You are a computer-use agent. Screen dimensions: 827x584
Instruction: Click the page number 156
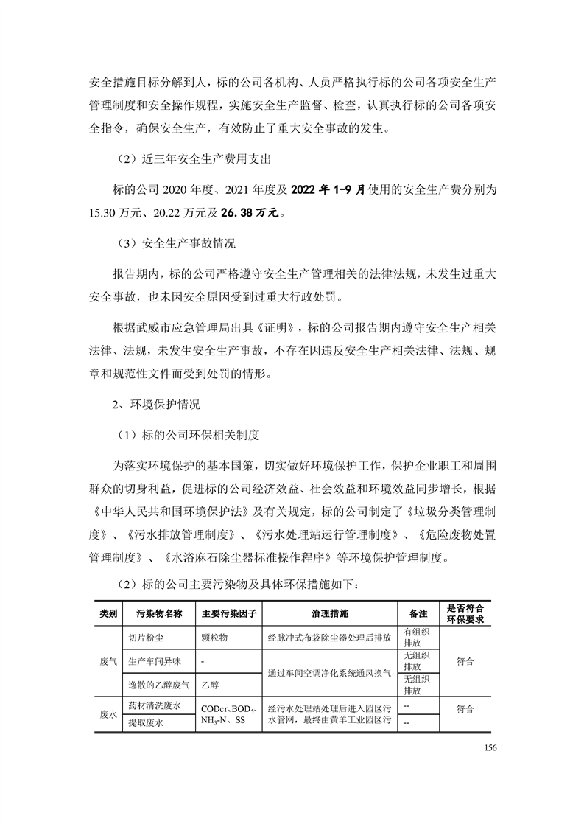click(x=492, y=749)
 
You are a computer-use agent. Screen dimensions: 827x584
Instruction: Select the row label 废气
click(x=108, y=662)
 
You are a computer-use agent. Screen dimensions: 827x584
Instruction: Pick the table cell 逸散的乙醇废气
click(x=158, y=685)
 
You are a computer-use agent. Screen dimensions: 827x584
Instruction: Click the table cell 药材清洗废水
click(x=154, y=707)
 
